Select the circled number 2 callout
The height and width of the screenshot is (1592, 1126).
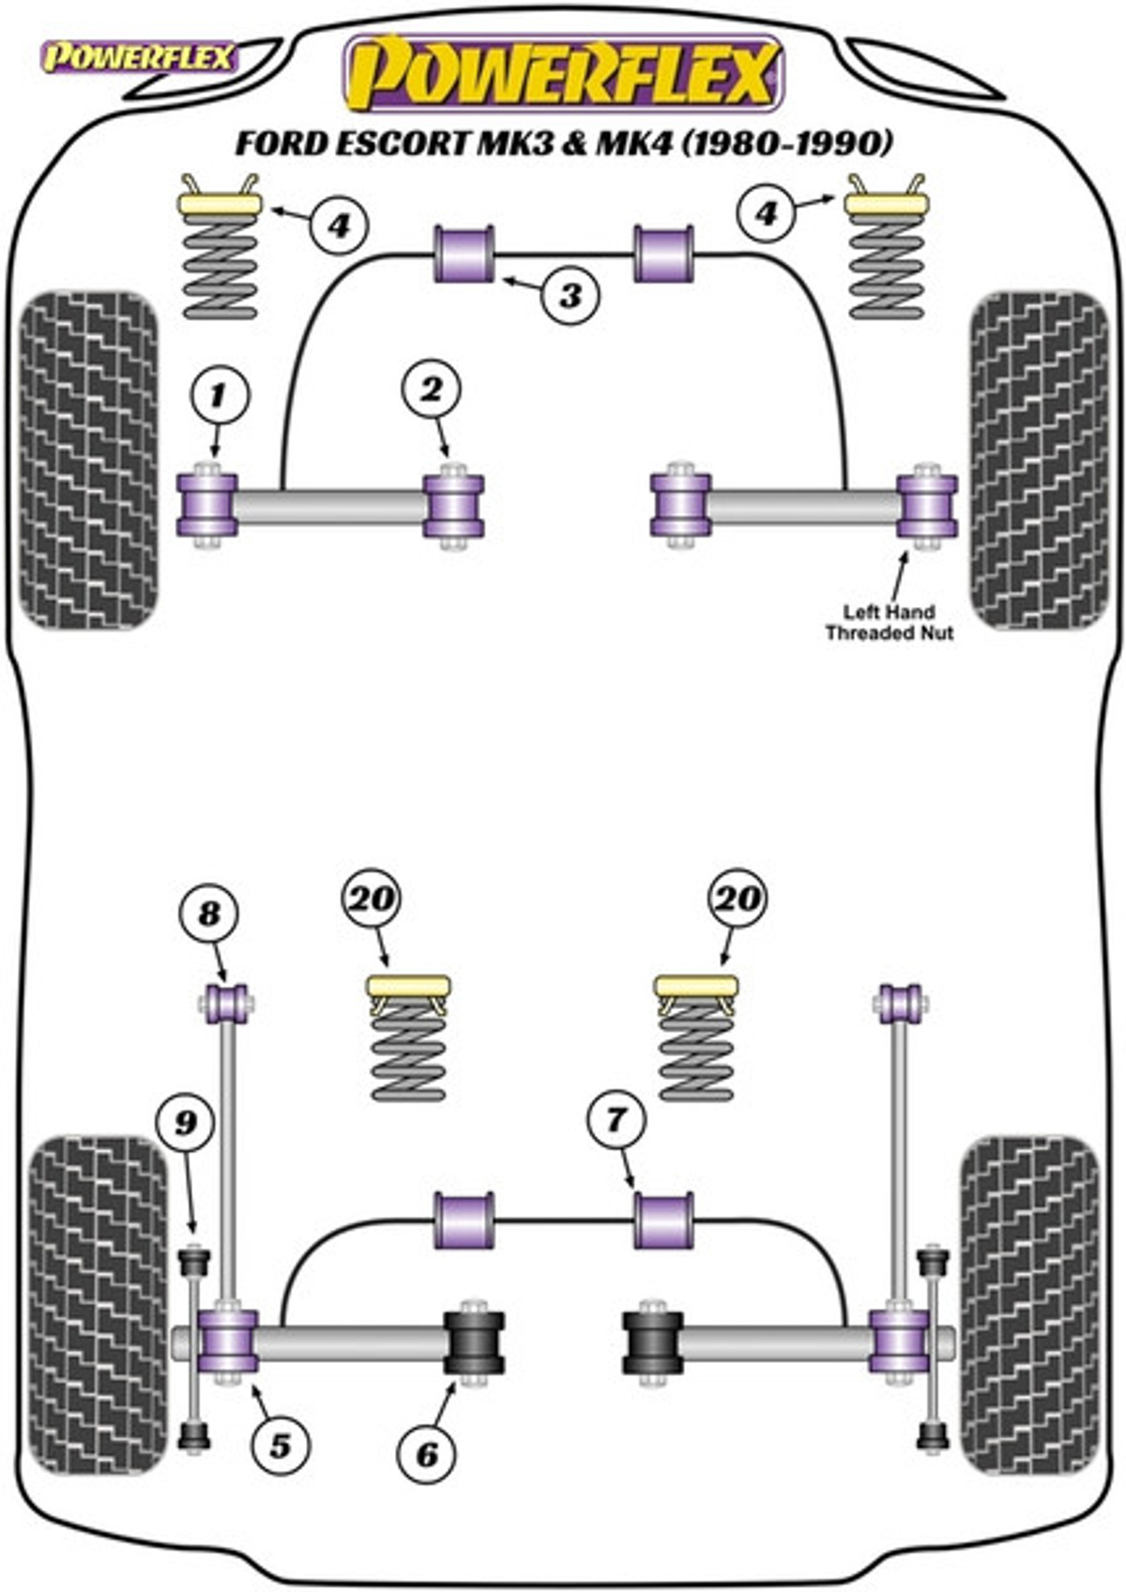[432, 388]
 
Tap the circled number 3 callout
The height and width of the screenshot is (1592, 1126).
[571, 295]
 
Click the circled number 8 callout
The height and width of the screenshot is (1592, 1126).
[209, 914]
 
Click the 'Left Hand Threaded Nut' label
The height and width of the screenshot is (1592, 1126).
[890, 622]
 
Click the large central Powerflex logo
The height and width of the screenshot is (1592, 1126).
[565, 74]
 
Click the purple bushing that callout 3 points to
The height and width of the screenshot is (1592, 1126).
[464, 253]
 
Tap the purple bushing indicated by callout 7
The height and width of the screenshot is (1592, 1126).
[663, 1220]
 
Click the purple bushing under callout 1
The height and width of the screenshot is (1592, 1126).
[206, 505]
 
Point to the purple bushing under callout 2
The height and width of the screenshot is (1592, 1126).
[453, 506]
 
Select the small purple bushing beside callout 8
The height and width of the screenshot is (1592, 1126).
[226, 1003]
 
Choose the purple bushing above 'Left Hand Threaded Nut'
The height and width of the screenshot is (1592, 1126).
[926, 506]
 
